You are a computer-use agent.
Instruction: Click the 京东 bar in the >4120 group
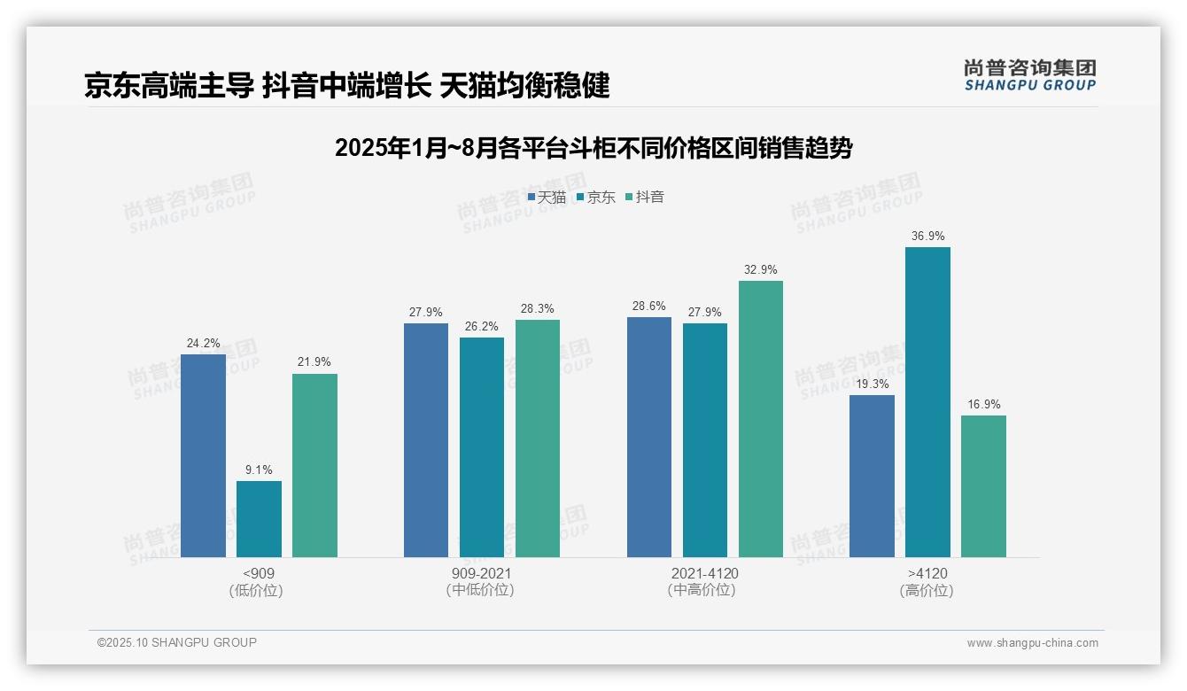tap(927, 402)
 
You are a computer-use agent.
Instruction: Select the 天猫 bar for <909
tap(203, 455)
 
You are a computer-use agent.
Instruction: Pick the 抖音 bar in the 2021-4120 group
tap(761, 419)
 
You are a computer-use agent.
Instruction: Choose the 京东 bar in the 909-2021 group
tap(482, 447)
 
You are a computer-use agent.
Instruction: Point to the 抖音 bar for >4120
tap(983, 486)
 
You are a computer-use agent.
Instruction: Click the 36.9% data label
tap(927, 237)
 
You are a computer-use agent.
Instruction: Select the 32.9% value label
tap(761, 270)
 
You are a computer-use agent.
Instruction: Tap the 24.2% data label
tap(203, 344)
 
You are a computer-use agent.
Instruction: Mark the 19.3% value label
tap(872, 384)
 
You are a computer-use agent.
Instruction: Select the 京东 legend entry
tap(596, 197)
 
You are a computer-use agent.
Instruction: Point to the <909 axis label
tap(258, 573)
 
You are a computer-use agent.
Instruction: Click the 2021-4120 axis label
tap(704, 573)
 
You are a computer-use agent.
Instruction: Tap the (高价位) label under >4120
tap(927, 591)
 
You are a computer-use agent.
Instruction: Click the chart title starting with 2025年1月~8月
tap(593, 148)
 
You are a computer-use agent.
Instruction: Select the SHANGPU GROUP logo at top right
tap(1029, 75)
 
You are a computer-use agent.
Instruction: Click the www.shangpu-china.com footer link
tap(1032, 643)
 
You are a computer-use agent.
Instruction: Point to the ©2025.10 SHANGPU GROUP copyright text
tap(177, 642)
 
